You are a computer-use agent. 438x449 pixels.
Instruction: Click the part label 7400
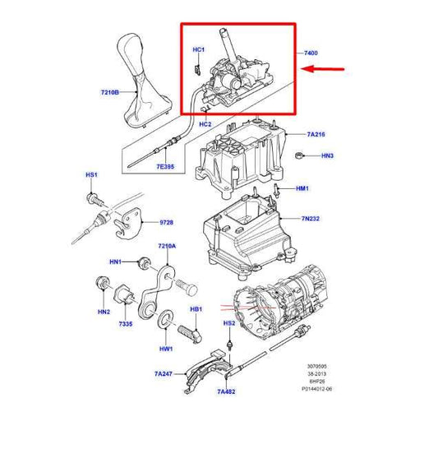point(311,53)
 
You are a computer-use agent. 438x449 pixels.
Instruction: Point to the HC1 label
point(198,50)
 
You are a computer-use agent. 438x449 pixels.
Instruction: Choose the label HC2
point(206,123)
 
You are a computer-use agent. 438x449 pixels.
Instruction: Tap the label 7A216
point(317,134)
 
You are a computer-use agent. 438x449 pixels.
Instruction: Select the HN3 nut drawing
point(302,155)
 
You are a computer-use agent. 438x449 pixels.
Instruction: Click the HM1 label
point(302,189)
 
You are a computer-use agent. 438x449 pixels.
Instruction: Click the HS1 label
point(91,176)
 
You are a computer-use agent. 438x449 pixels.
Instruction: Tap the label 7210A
point(167,247)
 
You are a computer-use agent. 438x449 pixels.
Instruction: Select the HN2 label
point(104,312)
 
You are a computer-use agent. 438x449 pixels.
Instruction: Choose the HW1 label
point(166,349)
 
